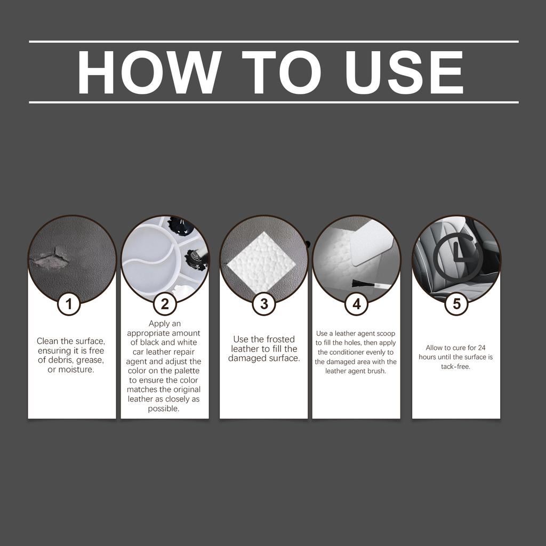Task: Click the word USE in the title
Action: coord(404,73)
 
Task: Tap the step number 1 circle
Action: coord(69,304)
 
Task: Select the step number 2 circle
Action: coord(165,304)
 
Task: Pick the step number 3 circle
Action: coord(264,304)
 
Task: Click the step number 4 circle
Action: coord(356,304)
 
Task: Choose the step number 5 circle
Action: coord(456,304)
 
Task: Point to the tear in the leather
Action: coord(51,260)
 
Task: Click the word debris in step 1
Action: coord(59,360)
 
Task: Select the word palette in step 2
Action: coord(184,371)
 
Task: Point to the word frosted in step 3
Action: coord(280,339)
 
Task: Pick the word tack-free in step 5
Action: coord(455,367)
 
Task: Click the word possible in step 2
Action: coord(164,409)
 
